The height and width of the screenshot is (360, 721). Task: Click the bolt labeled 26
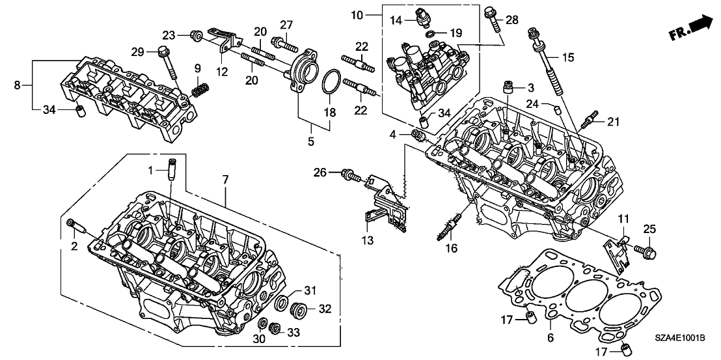pyautogui.click(x=350, y=174)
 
